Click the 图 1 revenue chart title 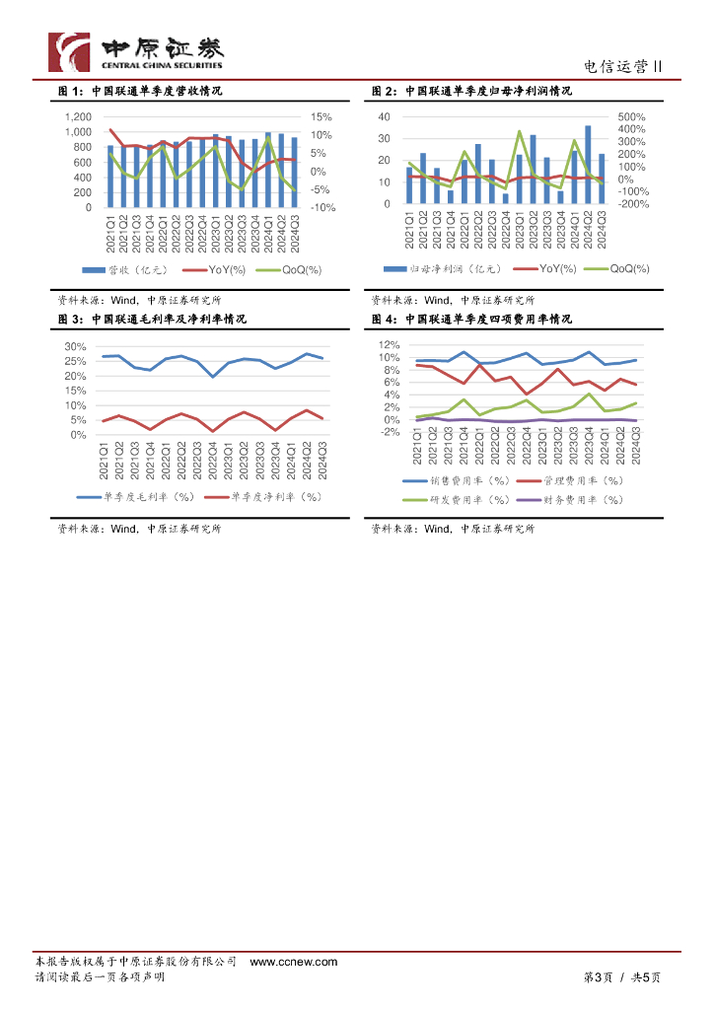(139, 91)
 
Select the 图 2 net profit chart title (471, 91)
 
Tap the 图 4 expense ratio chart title (471, 320)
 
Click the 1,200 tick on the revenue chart (77, 117)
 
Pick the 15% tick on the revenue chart (321, 117)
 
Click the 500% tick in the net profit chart (631, 117)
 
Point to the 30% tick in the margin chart (76, 347)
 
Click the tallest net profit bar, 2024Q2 (589, 164)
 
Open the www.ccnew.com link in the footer (293, 962)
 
